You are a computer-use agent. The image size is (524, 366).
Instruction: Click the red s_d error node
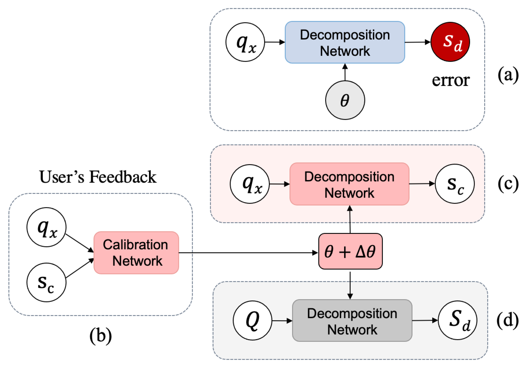click(450, 42)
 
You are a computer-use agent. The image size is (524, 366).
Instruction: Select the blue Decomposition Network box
click(345, 42)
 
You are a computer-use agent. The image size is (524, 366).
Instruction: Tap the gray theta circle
click(345, 100)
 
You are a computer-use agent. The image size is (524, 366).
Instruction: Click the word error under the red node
click(451, 80)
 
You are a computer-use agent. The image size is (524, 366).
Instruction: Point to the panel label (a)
click(508, 75)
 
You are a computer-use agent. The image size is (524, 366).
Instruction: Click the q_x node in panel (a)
click(245, 42)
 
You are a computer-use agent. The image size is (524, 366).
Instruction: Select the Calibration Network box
click(136, 253)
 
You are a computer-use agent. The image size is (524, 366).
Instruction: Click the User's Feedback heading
click(98, 177)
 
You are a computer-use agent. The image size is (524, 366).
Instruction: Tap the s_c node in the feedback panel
click(46, 282)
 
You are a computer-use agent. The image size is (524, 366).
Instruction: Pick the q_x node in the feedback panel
click(46, 227)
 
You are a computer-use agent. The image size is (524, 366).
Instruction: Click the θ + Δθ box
click(350, 251)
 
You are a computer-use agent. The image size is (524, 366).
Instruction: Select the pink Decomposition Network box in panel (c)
click(349, 184)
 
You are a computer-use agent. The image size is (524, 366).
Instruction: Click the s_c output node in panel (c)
click(455, 184)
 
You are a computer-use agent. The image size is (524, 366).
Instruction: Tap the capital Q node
click(252, 320)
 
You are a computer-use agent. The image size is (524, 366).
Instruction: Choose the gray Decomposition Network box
click(352, 321)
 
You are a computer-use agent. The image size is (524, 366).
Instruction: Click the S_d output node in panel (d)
click(458, 320)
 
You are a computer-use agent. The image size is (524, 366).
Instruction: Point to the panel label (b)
click(101, 336)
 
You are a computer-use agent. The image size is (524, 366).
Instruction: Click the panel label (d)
click(507, 320)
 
